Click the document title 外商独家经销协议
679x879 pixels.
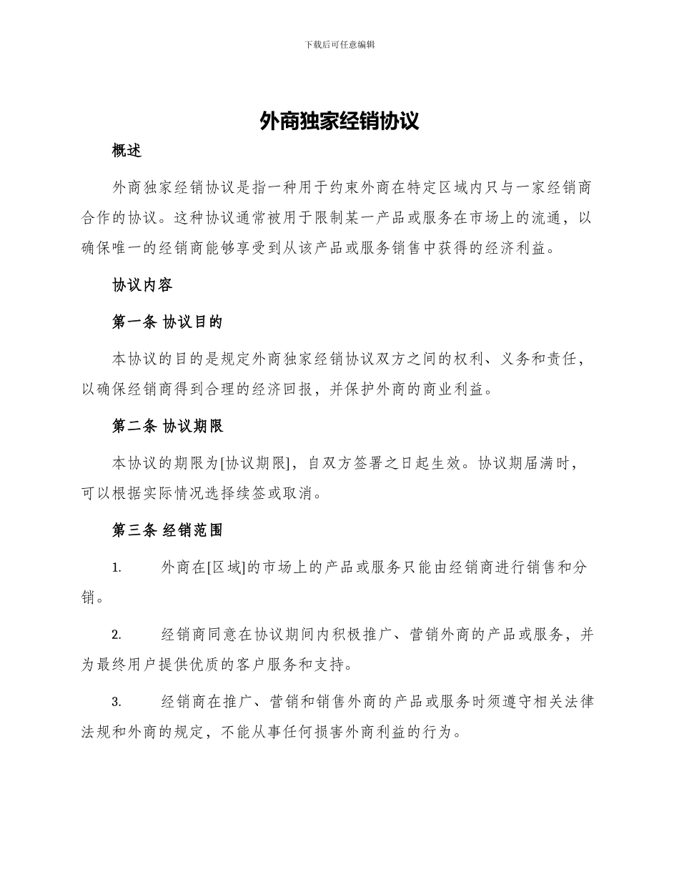(x=339, y=121)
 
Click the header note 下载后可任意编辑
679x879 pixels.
(x=339, y=44)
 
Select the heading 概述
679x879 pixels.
(x=127, y=151)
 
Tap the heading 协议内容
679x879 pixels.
(x=142, y=285)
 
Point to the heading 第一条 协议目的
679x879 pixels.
(x=167, y=322)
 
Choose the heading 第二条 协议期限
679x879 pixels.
(x=167, y=426)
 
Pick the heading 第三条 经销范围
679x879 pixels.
(x=167, y=530)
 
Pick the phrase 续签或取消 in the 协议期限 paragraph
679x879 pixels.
(x=273, y=493)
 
